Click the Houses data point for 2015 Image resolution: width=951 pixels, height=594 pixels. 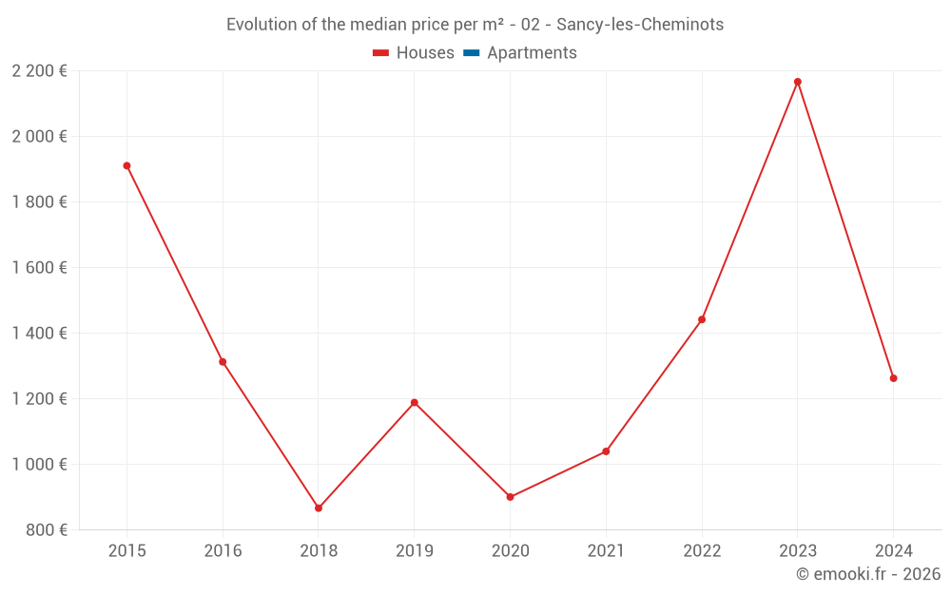tap(126, 165)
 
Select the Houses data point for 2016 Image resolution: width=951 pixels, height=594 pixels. tap(223, 362)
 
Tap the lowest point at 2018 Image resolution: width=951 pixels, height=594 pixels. tap(319, 508)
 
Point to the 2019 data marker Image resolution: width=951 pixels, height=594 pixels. tap(415, 403)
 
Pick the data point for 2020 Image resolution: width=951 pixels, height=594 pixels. tap(511, 497)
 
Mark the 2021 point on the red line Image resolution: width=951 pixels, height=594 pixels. tap(606, 451)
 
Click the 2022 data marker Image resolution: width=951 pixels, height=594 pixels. tap(702, 319)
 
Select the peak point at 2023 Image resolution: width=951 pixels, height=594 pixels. tap(798, 82)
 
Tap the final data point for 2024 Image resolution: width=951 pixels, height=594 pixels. tap(893, 378)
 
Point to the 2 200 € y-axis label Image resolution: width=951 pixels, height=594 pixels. tap(39, 70)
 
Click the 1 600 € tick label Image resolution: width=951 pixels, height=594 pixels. tap(39, 268)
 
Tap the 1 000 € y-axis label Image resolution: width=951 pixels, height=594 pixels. tap(39, 465)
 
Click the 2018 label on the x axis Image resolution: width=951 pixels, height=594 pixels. tap(319, 551)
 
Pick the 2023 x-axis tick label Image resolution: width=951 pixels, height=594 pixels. tap(798, 551)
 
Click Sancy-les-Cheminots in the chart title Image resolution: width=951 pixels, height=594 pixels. tap(640, 25)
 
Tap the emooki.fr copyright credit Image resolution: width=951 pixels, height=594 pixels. tap(868, 574)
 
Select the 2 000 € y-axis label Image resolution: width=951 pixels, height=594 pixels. tap(39, 137)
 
